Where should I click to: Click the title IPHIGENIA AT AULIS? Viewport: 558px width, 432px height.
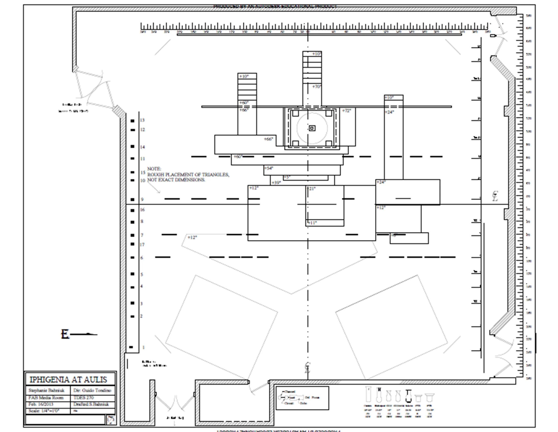click(x=68, y=379)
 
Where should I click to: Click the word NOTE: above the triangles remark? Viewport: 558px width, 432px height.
click(x=154, y=169)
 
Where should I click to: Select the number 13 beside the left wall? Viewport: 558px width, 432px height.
click(x=142, y=120)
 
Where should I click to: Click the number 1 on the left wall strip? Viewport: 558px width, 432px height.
click(x=144, y=347)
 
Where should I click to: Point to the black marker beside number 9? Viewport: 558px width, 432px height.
click(x=132, y=199)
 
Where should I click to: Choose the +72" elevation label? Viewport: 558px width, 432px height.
click(x=347, y=110)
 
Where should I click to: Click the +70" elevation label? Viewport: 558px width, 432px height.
click(x=316, y=87)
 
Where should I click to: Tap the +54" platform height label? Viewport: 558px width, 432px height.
click(x=269, y=168)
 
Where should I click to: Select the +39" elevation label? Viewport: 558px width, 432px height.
click(x=276, y=182)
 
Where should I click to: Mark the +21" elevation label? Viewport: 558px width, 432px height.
click(x=312, y=189)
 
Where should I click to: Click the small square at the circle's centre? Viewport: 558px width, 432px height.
click(x=312, y=128)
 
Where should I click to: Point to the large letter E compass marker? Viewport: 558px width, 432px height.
click(x=65, y=334)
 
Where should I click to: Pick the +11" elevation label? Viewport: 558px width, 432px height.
click(x=312, y=223)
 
